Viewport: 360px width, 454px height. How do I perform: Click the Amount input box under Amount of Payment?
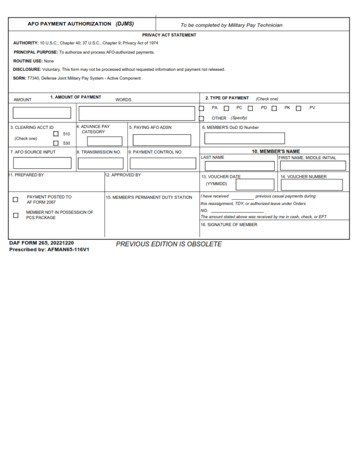tap(42, 113)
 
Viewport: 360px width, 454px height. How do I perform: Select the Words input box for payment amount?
tap(137, 113)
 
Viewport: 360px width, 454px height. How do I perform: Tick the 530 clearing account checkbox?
tap(56, 144)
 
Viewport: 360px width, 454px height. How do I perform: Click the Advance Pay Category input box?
tap(105, 141)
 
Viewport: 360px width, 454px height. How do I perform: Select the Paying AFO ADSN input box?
tap(162, 140)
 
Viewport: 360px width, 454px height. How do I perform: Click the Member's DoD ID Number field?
tap(244, 138)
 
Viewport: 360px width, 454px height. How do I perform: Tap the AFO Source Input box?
tap(42, 163)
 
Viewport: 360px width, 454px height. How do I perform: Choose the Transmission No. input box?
tap(100, 164)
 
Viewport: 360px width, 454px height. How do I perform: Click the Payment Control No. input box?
tap(163, 164)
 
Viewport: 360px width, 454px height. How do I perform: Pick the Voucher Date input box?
tap(255, 185)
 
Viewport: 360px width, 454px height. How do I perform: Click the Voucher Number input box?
tap(312, 185)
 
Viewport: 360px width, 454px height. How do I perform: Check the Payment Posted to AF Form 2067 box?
tap(15, 200)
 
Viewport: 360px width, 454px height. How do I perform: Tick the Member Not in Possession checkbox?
tap(15, 215)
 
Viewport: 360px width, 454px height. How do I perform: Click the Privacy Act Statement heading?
tap(169, 35)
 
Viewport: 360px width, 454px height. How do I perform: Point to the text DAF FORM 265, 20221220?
tap(41, 243)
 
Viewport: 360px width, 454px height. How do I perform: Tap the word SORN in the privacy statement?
tap(19, 78)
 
